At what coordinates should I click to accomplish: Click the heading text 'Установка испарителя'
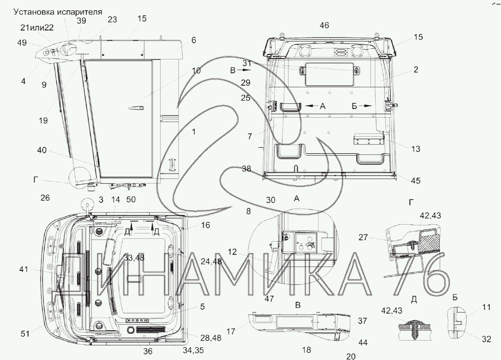pos(58,12)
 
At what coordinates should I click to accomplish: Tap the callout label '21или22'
pos(37,28)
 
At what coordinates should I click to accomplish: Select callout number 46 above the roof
pos(324,25)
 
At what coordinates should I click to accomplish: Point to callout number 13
pos(415,149)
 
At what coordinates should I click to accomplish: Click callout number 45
pos(415,181)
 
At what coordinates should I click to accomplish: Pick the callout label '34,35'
pos(193,350)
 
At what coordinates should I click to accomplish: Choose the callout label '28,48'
pos(211,338)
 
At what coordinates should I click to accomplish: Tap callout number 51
pos(25,334)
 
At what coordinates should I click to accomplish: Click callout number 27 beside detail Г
pos(363,237)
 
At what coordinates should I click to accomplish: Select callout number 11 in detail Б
pos(486,307)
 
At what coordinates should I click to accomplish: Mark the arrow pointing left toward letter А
pos(312,106)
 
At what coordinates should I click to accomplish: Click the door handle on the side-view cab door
pos(136,108)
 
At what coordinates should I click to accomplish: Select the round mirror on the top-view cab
pos(87,204)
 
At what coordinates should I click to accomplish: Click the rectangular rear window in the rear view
pos(329,74)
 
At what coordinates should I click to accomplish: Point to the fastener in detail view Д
pos(415,329)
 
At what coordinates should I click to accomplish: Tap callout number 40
pos(42,150)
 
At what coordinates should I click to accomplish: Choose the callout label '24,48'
pos(211,261)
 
